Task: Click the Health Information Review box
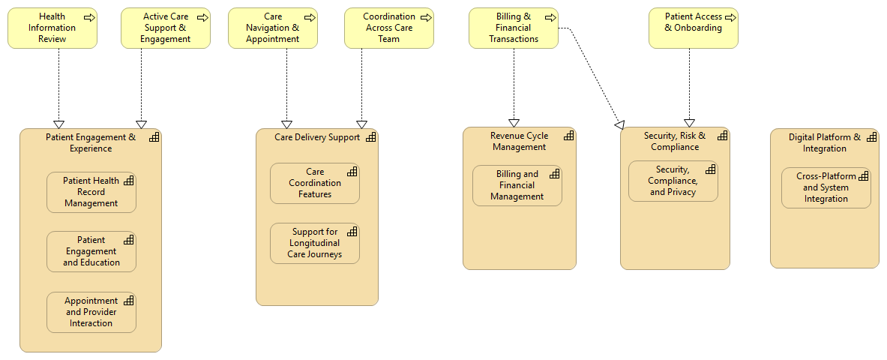pyautogui.click(x=52, y=28)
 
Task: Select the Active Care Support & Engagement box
pyautogui.click(x=166, y=28)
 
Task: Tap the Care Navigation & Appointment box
pyautogui.click(x=272, y=28)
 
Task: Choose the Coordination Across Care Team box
pyautogui.click(x=389, y=28)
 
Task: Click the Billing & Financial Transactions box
pyautogui.click(x=514, y=28)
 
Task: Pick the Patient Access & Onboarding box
pyautogui.click(x=693, y=28)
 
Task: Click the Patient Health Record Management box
pyautogui.click(x=91, y=192)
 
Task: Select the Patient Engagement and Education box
pyautogui.click(x=91, y=251)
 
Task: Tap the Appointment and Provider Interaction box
pyautogui.click(x=91, y=312)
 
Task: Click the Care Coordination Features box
pyautogui.click(x=315, y=183)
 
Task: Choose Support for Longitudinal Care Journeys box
pyautogui.click(x=315, y=243)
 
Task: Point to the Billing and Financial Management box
pyautogui.click(x=517, y=185)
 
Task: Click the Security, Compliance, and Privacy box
pyautogui.click(x=673, y=181)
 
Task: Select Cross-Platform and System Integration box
pyautogui.click(x=826, y=187)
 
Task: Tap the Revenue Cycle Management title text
pyautogui.click(x=519, y=141)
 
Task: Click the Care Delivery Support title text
pyautogui.click(x=316, y=137)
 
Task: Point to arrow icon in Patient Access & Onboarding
pyautogui.click(x=727, y=16)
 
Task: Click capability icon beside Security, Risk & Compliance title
pyautogui.click(x=722, y=136)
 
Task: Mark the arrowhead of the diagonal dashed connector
pyautogui.click(x=619, y=124)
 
